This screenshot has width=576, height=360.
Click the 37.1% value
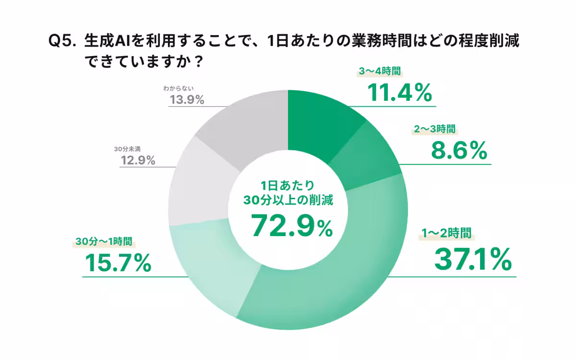coord(472,260)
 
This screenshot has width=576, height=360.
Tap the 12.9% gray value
coord(137,161)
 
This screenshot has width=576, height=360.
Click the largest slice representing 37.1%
coord(336,283)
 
